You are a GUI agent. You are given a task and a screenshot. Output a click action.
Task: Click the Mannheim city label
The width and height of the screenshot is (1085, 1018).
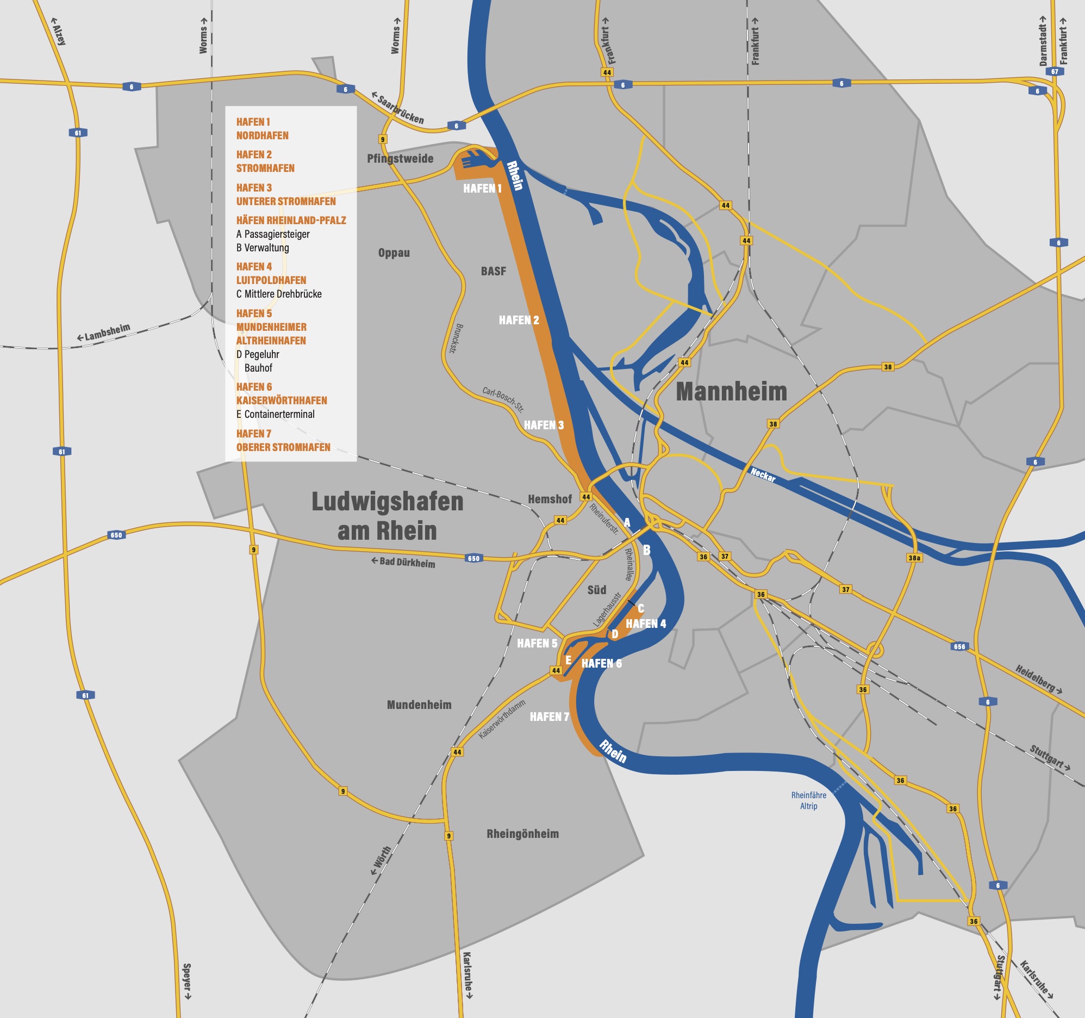[731, 392]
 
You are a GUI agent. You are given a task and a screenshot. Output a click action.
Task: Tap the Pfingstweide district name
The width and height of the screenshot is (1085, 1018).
[400, 158]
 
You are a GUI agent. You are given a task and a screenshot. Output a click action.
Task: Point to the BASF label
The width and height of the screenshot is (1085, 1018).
[494, 271]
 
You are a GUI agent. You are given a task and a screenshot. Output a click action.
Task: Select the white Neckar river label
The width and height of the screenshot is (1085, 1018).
[763, 474]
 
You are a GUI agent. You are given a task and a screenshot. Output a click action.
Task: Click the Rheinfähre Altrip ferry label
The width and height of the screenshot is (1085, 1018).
[808, 800]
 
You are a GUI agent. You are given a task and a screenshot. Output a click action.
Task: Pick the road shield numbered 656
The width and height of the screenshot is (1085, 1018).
[959, 646]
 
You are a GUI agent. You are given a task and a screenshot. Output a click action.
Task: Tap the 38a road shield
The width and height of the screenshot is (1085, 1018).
[914, 558]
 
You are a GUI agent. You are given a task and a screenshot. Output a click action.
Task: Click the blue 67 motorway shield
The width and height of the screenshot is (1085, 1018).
[1055, 71]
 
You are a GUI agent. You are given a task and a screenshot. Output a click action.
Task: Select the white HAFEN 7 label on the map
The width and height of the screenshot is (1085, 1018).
[549, 717]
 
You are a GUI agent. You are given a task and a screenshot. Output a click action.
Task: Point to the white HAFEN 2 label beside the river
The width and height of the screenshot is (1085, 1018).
[519, 320]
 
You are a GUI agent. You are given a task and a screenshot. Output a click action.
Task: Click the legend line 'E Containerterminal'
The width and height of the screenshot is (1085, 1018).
[275, 414]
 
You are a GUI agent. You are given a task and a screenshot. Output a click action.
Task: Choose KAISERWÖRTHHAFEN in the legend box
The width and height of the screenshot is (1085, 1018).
[282, 400]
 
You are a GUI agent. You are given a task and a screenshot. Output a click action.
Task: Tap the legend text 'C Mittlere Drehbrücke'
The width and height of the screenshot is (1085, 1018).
[279, 294]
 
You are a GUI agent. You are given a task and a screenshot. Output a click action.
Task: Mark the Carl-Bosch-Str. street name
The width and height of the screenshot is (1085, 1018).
[503, 399]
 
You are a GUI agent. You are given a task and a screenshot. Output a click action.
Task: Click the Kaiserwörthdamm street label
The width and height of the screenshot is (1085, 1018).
[502, 719]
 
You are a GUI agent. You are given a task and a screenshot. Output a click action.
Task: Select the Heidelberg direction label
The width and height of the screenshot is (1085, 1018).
[1038, 679]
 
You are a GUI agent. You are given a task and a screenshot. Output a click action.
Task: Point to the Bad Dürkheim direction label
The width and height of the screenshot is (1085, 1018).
[403, 562]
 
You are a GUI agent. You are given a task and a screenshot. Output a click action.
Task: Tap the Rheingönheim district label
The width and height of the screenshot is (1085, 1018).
[522, 834]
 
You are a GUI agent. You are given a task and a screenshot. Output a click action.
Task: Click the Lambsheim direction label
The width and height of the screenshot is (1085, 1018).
[104, 332]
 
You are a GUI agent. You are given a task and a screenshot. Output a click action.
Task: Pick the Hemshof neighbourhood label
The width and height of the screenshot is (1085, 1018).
[550, 498]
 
